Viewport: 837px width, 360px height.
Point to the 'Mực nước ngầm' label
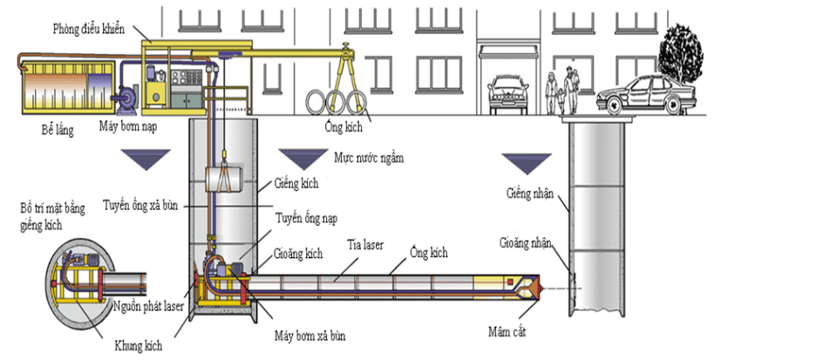pyautogui.click(x=370, y=160)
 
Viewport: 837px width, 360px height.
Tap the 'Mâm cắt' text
pyautogui.click(x=509, y=331)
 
